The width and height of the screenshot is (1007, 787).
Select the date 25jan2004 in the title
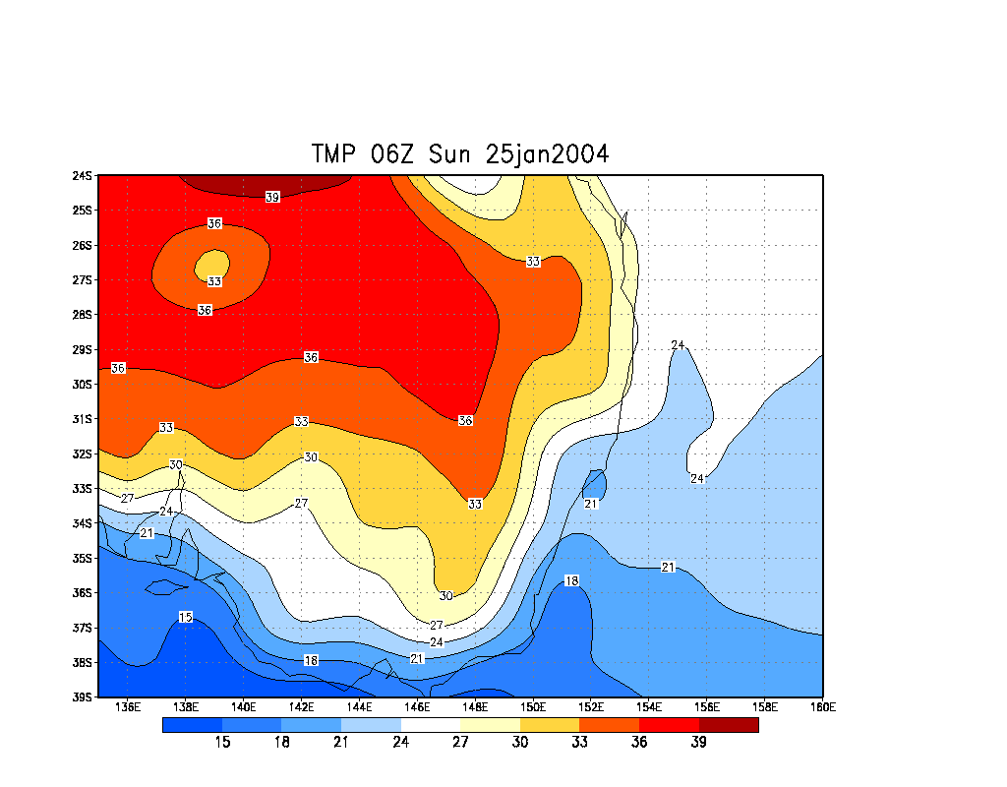[546, 154]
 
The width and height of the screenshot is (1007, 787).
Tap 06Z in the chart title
[399, 154]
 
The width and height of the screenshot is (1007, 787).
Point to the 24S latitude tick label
[83, 176]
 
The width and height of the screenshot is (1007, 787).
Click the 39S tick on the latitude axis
[83, 697]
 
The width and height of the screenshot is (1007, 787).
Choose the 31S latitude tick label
[83, 419]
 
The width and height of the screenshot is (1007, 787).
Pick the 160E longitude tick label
[822, 706]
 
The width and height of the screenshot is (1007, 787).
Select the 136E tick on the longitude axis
[128, 706]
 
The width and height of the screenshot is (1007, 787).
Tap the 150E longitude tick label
[533, 706]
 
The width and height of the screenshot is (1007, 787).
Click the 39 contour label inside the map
[272, 197]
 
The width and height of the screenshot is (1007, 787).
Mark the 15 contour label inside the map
[186, 617]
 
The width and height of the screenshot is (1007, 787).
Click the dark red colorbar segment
[729, 725]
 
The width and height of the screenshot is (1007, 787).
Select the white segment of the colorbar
[431, 725]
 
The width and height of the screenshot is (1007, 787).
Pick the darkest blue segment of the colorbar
[192, 725]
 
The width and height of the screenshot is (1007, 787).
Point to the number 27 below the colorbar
[460, 742]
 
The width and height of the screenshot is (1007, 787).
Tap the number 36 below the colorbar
[639, 742]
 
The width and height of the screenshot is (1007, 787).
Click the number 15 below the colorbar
[222, 742]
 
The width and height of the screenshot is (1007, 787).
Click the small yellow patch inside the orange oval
[213, 264]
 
